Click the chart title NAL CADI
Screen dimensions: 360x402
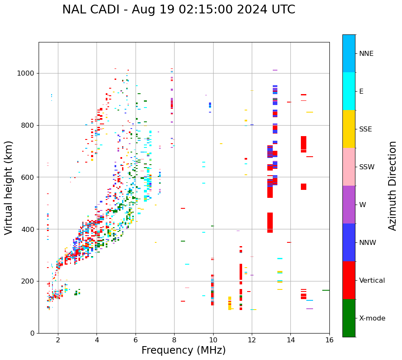178,10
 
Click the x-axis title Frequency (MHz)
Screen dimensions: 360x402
183,350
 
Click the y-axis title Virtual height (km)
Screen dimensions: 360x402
9,187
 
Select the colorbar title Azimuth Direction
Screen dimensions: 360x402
392,186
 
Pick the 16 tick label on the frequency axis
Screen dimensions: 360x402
329,339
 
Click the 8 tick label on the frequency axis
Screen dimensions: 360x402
174,339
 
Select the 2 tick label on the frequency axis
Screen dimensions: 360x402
58,339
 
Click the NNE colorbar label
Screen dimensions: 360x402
366,54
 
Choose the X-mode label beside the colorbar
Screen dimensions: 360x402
372,318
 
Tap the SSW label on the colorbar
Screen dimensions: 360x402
367,167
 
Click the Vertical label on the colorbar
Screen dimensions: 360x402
372,281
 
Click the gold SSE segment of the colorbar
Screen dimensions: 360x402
349,129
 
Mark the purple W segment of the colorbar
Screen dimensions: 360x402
349,205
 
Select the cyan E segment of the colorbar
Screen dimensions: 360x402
349,91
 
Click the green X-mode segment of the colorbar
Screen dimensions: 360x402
349,318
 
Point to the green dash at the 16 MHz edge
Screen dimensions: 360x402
326,290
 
